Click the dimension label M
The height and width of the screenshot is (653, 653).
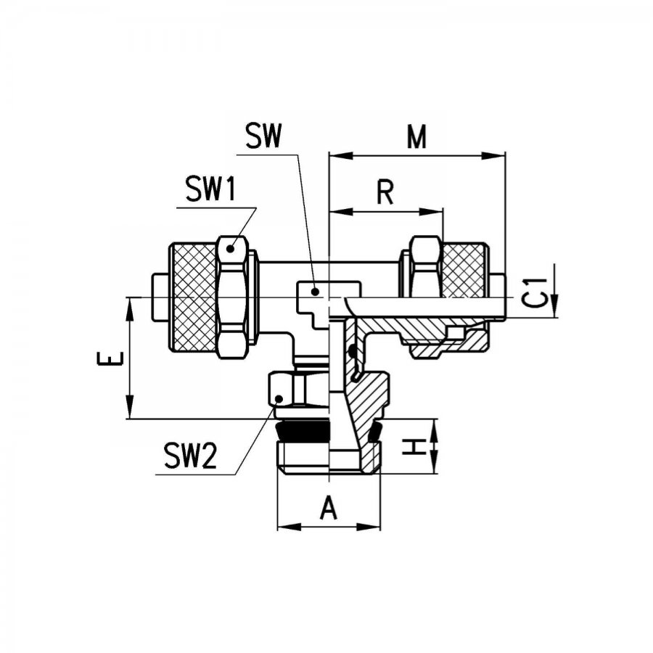[417, 136]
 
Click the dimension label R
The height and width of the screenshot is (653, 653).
[385, 192]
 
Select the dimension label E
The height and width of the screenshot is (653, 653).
[110, 358]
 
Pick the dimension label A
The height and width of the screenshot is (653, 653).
[329, 508]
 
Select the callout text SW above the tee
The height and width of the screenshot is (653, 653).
[263, 136]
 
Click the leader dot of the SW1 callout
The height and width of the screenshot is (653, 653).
[230, 249]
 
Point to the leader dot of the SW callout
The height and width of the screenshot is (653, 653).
[316, 292]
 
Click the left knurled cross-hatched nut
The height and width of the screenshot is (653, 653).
[193, 297]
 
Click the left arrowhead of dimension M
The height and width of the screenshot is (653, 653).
[341, 156]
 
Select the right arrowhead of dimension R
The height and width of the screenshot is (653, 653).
[430, 212]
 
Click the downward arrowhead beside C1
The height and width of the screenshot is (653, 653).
[554, 306]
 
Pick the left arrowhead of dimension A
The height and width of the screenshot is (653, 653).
[289, 527]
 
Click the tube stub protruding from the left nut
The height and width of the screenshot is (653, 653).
[160, 297]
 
